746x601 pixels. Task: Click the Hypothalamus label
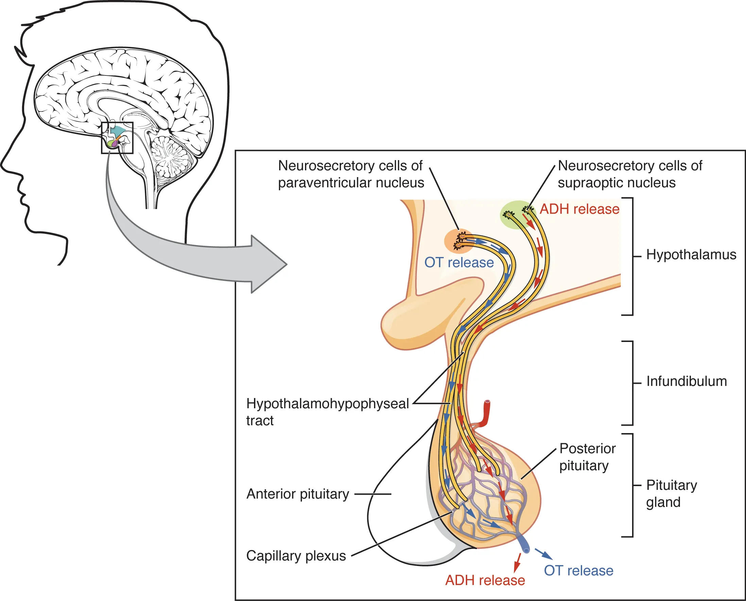(691, 255)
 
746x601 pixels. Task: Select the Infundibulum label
(686, 381)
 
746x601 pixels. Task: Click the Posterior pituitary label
(587, 457)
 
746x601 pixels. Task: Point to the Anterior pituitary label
(298, 494)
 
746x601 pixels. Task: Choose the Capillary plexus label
(296, 556)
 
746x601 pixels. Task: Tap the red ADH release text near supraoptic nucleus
(579, 209)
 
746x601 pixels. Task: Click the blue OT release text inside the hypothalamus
(459, 262)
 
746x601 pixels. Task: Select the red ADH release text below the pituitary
(485, 581)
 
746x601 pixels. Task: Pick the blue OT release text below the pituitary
(578, 571)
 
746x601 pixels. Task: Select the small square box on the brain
(117, 138)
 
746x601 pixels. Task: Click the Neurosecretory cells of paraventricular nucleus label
(351, 174)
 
